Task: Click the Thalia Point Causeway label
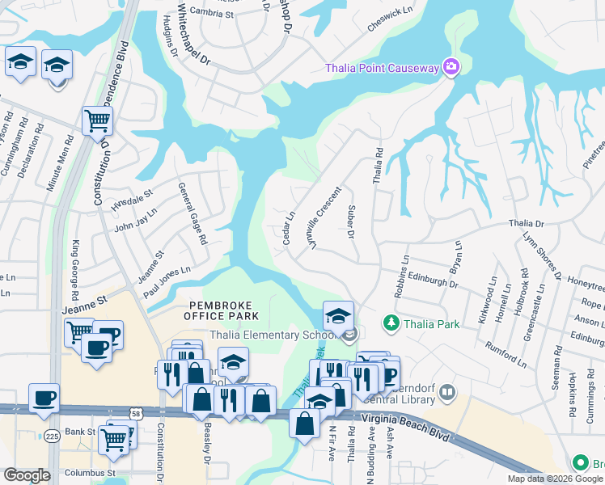click(382, 68)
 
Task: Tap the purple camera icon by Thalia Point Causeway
click(451, 67)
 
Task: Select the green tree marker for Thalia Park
click(391, 323)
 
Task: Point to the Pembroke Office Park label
click(223, 310)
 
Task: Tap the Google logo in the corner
click(27, 474)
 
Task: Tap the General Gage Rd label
click(192, 213)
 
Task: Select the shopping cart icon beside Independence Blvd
click(97, 121)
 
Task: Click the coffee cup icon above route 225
click(43, 397)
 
